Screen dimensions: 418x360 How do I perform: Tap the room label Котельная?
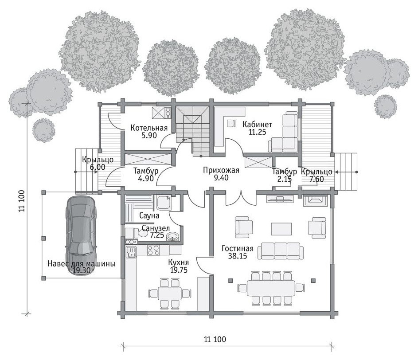(x=149, y=128)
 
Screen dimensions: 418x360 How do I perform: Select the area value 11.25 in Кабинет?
(x=257, y=132)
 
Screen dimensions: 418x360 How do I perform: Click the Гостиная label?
(x=238, y=249)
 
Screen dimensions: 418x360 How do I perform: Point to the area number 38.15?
(x=238, y=256)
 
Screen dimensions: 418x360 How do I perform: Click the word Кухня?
(x=179, y=262)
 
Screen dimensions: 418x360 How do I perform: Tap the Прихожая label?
(x=221, y=170)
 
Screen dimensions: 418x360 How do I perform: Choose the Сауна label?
(x=149, y=215)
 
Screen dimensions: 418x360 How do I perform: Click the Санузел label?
(x=156, y=228)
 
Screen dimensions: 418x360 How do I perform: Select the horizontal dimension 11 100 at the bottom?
(x=215, y=340)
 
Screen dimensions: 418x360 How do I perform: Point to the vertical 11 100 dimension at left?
(x=22, y=201)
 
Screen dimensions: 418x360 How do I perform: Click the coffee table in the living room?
(x=281, y=228)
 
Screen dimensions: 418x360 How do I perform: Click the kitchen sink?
(x=131, y=252)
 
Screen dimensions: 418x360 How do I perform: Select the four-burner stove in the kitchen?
(x=153, y=250)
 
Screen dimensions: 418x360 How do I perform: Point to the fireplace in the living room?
(x=315, y=200)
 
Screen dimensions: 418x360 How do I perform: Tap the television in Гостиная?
(x=280, y=199)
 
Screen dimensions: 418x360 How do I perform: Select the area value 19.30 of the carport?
(x=81, y=271)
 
